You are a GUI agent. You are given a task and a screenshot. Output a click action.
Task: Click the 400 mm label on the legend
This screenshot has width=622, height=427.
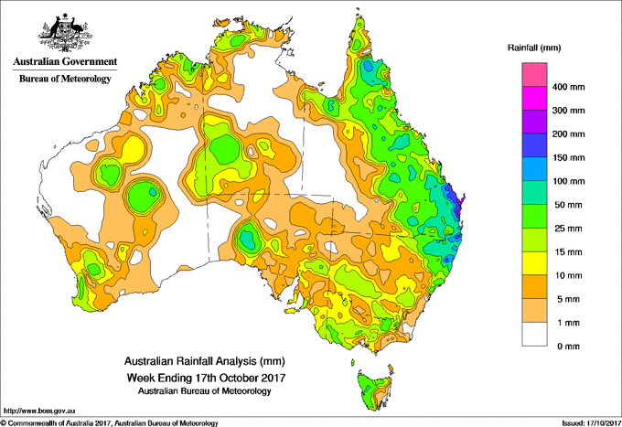[568, 87]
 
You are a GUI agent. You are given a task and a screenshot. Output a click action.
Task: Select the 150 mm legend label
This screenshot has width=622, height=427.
[568, 158]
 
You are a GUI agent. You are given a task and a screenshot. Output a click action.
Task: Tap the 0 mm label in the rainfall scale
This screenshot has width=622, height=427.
[568, 347]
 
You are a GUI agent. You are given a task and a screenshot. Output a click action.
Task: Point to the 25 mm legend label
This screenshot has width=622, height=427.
[568, 229]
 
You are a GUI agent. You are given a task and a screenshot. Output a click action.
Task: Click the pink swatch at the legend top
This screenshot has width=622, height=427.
[534, 75]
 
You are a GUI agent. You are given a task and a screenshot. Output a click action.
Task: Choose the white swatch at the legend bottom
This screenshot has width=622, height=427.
[534, 334]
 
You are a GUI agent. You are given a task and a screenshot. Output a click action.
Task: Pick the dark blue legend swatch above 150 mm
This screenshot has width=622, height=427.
[534, 145]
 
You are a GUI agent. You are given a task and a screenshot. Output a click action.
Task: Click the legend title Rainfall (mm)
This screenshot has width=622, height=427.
[534, 48]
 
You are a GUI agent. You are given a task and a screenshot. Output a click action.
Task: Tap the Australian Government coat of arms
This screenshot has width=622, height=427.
[65, 33]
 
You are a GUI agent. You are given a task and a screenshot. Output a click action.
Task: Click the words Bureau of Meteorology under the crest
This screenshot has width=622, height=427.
[65, 79]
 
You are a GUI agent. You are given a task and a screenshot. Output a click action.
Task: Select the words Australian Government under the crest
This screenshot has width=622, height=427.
[65, 61]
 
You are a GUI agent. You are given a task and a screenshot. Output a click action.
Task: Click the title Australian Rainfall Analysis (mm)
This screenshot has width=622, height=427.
[205, 361]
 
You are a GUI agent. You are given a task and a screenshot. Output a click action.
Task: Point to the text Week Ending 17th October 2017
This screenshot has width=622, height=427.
[206, 377]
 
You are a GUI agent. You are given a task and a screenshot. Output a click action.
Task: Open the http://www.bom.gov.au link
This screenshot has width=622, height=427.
[39, 411]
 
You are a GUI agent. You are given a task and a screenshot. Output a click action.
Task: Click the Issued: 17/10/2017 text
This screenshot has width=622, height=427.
[591, 423]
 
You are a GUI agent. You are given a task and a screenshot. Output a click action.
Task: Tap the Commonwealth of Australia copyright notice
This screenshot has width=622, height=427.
[110, 423]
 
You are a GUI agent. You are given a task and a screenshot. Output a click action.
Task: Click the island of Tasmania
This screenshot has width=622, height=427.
[374, 390]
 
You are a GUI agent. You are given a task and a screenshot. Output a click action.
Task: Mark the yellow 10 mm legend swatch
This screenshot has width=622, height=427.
[534, 263]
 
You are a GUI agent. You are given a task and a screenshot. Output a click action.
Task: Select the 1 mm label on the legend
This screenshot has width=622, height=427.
[568, 323]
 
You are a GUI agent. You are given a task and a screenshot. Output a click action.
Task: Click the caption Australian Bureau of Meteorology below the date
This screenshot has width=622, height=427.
[205, 391]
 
